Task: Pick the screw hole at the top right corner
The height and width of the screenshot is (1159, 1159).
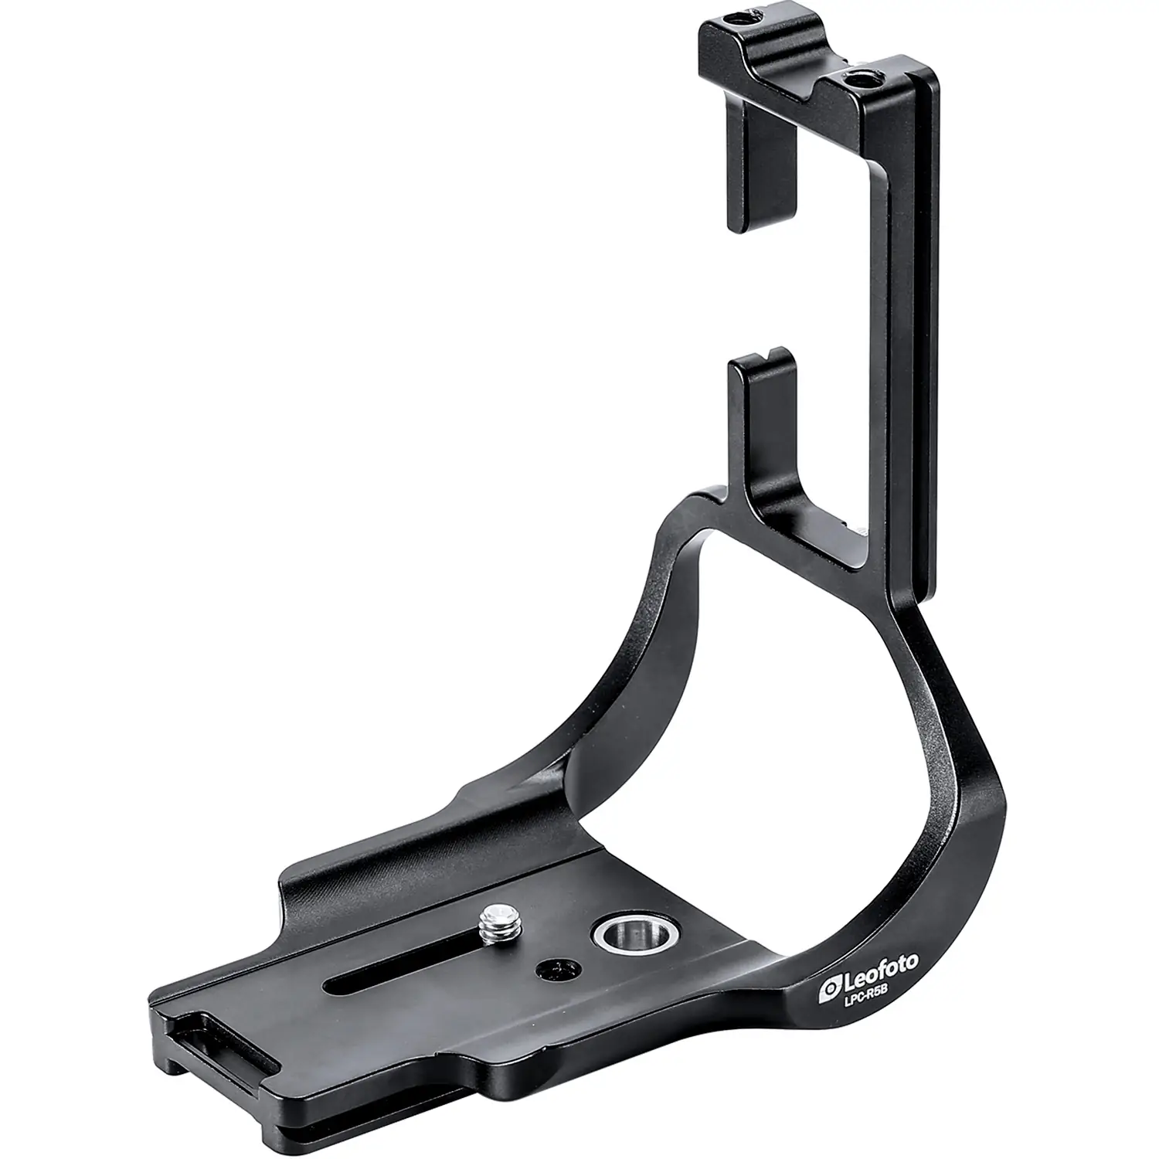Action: (855, 78)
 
